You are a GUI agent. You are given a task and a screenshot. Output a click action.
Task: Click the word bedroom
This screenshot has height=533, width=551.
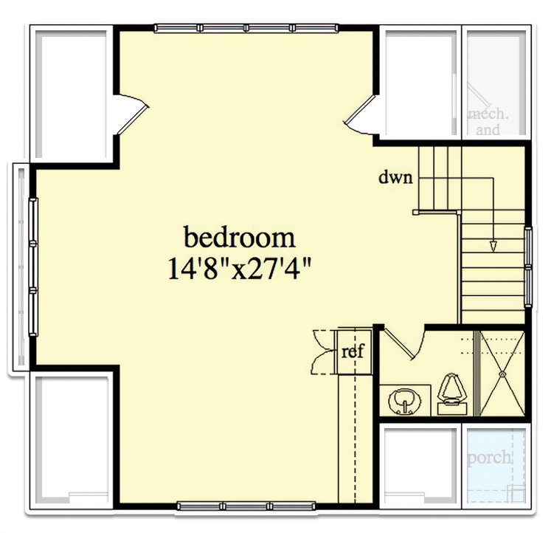click(239, 238)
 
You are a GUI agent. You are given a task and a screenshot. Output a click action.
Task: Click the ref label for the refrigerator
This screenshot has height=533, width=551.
click(353, 351)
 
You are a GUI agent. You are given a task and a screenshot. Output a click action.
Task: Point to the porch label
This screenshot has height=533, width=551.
click(489, 458)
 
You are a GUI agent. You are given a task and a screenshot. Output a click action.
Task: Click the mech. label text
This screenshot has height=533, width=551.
click(488, 114)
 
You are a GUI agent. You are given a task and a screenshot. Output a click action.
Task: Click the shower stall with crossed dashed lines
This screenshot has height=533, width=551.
click(502, 373)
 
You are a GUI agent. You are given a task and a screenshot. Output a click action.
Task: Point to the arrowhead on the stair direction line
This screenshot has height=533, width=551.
click(493, 246)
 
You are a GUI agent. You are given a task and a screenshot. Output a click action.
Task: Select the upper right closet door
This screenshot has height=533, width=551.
click(361, 117)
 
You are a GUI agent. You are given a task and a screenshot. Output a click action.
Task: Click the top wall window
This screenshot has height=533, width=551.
click(246, 28)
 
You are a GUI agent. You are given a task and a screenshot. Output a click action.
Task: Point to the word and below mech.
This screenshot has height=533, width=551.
click(488, 131)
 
